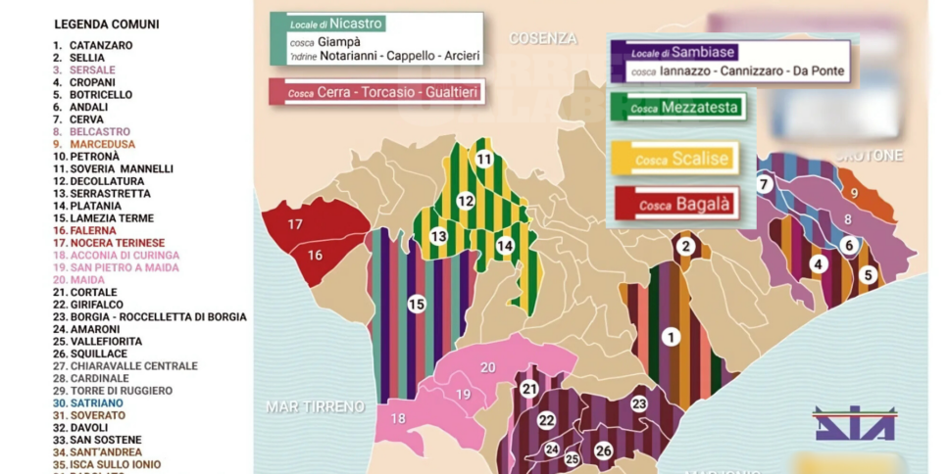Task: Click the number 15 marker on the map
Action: click(x=417, y=305)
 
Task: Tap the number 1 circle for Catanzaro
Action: click(x=671, y=337)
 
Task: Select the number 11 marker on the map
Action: click(x=483, y=159)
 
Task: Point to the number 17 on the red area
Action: click(x=294, y=224)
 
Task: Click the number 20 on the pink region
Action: click(x=487, y=368)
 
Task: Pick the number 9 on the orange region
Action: click(x=853, y=194)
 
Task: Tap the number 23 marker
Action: click(x=639, y=403)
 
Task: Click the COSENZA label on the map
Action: click(x=542, y=38)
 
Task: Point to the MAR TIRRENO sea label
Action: click(x=315, y=405)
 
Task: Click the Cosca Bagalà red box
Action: click(x=674, y=205)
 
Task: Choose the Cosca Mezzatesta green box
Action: click(x=677, y=108)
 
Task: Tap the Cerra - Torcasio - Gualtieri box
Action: click(x=375, y=92)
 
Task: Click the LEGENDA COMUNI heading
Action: click(x=106, y=24)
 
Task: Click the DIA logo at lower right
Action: click(x=854, y=423)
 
